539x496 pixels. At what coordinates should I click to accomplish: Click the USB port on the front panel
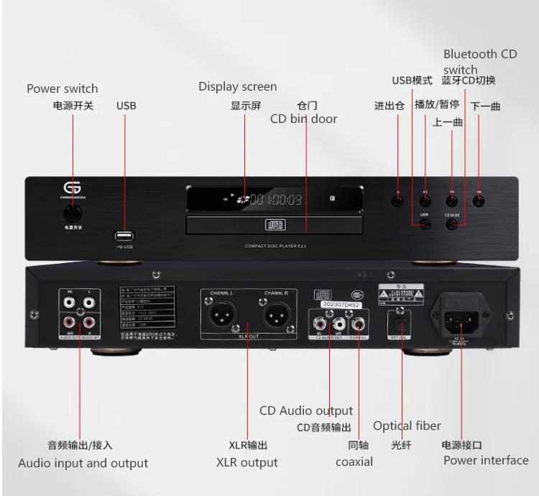click(123, 235)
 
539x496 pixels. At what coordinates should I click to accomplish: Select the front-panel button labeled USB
click(425, 225)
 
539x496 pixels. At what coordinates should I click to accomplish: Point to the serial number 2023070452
click(333, 304)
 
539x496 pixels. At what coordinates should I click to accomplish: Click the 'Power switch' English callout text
click(62, 89)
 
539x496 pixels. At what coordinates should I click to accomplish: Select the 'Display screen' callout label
click(238, 87)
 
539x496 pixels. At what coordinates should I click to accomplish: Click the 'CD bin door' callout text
click(303, 119)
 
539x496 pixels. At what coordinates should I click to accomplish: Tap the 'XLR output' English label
click(247, 462)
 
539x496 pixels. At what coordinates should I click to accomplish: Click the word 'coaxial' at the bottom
click(354, 461)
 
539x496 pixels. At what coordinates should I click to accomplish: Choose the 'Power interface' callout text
click(485, 460)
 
